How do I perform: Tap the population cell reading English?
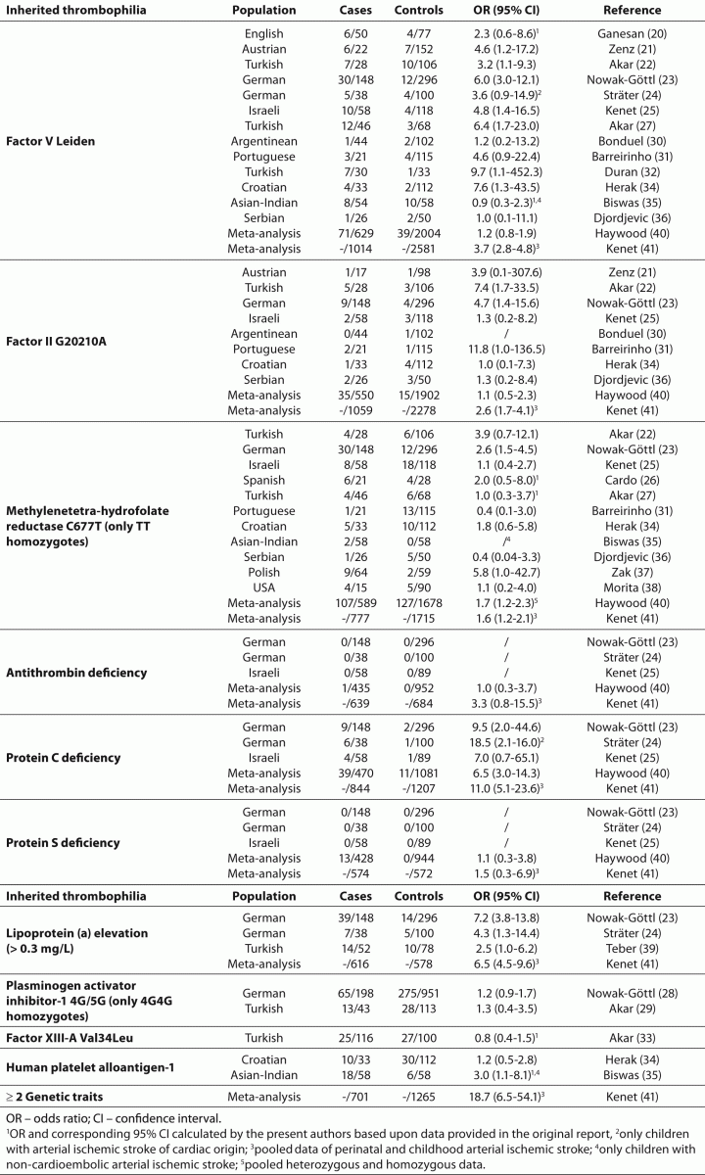coord(264,32)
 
